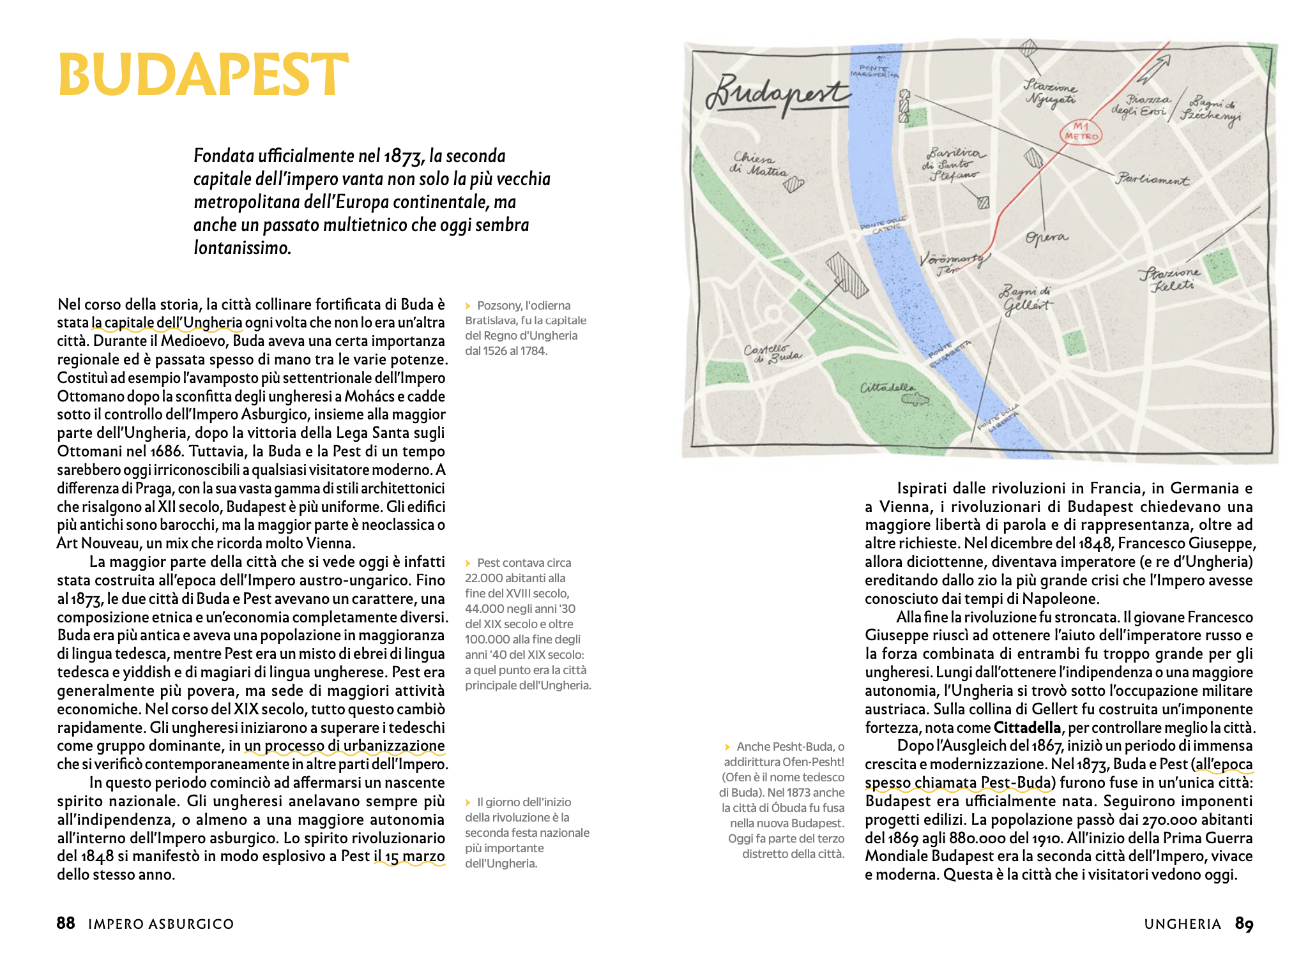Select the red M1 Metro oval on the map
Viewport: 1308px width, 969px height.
point(1081,132)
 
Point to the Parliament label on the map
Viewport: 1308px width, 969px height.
point(1152,179)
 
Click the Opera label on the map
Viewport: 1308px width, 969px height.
point(1046,237)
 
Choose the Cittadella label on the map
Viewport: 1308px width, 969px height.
point(887,387)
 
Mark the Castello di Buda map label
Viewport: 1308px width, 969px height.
point(772,353)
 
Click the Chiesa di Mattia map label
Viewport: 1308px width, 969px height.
point(758,164)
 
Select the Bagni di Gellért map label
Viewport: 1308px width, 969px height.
point(1025,299)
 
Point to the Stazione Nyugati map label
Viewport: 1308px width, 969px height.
point(1051,93)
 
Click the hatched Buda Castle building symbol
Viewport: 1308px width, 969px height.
point(847,275)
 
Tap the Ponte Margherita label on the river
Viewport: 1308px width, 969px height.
point(873,71)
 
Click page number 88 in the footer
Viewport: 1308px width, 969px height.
point(65,923)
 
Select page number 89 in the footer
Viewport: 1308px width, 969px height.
point(1244,923)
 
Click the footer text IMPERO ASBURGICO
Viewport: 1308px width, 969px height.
point(161,924)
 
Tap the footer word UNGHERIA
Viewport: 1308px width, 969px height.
point(1182,924)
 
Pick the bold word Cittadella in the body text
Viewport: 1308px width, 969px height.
point(1027,728)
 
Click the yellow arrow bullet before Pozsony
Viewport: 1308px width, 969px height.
point(468,306)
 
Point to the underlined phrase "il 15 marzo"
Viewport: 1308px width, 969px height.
point(409,856)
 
